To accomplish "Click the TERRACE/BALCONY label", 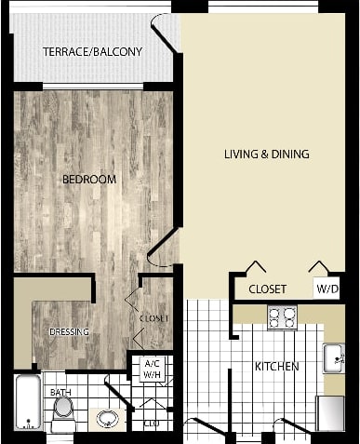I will click(x=92, y=51).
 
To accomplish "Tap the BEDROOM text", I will click(x=89, y=179).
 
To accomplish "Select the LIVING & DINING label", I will click(x=266, y=154).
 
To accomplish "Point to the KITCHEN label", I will click(x=276, y=367).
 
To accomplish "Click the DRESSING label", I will click(x=68, y=331).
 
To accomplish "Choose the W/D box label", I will click(x=327, y=289).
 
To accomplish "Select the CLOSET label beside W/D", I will click(x=267, y=289).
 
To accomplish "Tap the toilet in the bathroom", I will click(x=63, y=415).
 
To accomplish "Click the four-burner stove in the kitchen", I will click(x=282, y=317).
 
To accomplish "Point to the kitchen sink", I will click(x=333, y=358).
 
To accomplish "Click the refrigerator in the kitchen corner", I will click(x=330, y=413).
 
